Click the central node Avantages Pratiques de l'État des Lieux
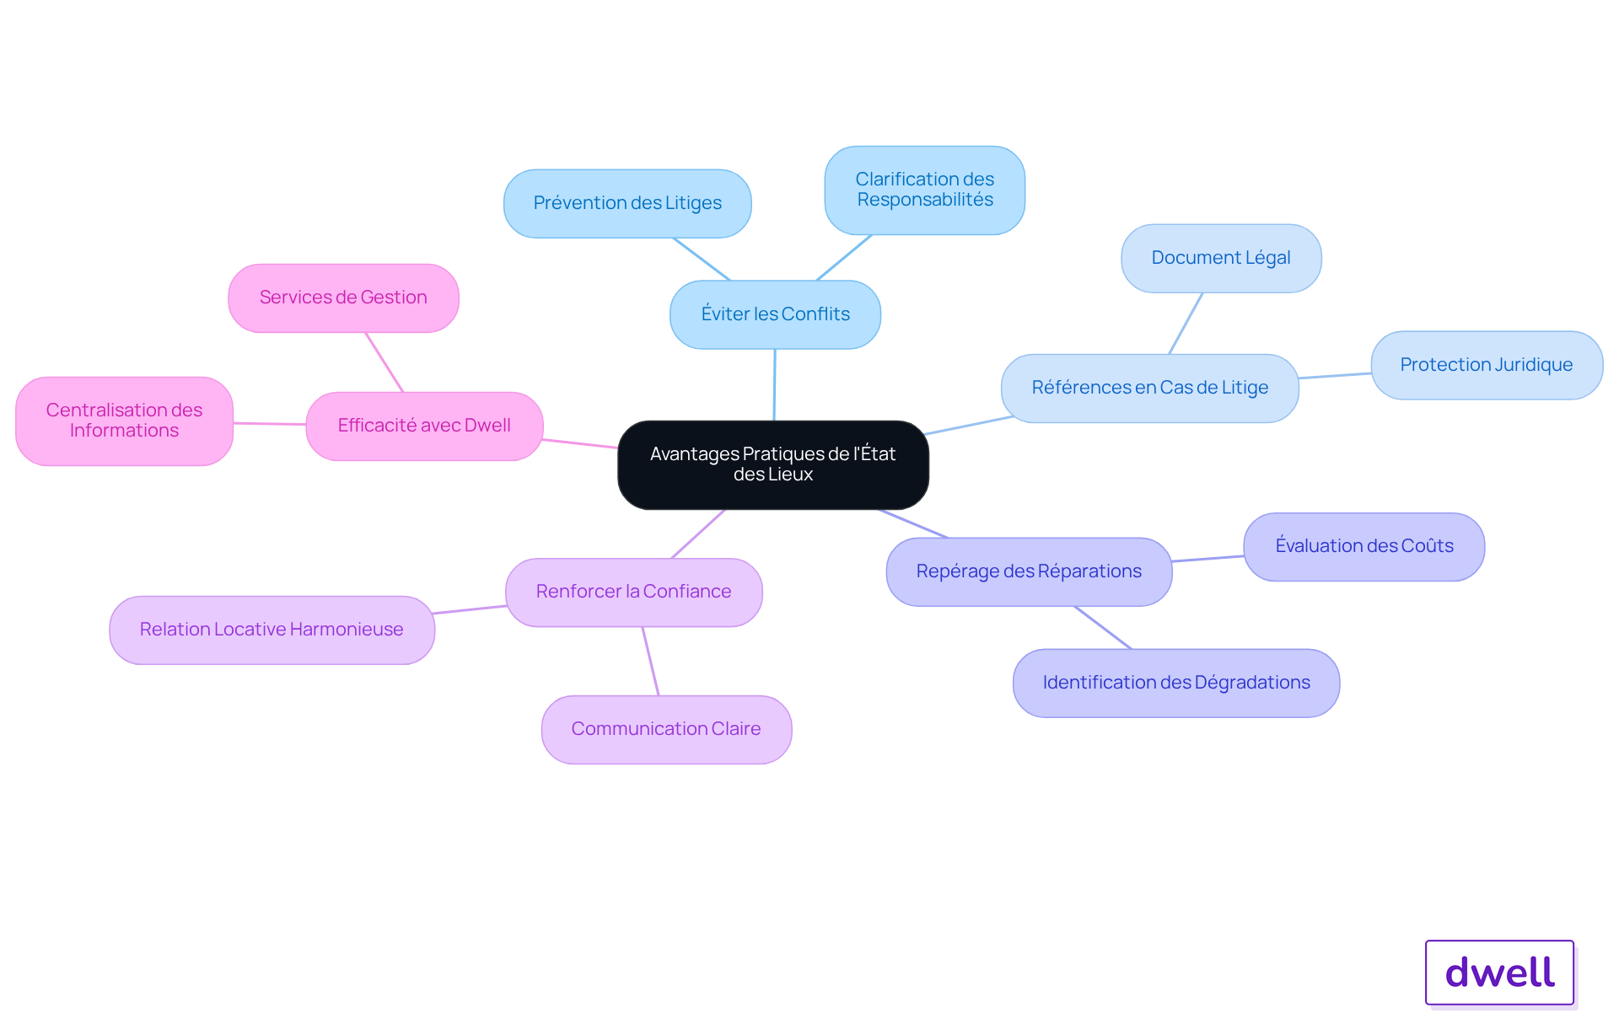tap(773, 464)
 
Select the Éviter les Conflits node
tap(775, 314)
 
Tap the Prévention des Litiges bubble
tap(627, 203)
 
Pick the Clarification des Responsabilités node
tap(925, 190)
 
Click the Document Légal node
tap(1221, 258)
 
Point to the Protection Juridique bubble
tap(1487, 365)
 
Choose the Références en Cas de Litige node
tap(1150, 388)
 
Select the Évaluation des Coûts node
tap(1364, 546)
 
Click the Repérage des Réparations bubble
tap(1029, 571)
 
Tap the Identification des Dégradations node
tap(1176, 683)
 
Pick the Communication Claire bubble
tap(666, 729)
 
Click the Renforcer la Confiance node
tap(633, 592)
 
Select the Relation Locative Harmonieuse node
tap(272, 630)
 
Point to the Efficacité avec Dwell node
tap(424, 426)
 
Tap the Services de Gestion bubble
tap(343, 298)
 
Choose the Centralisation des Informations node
tap(124, 421)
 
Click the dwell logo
tap(1500, 973)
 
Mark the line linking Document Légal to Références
tap(1186, 324)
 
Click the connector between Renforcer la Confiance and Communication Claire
tap(650, 661)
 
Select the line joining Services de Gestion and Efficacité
tap(385, 362)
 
